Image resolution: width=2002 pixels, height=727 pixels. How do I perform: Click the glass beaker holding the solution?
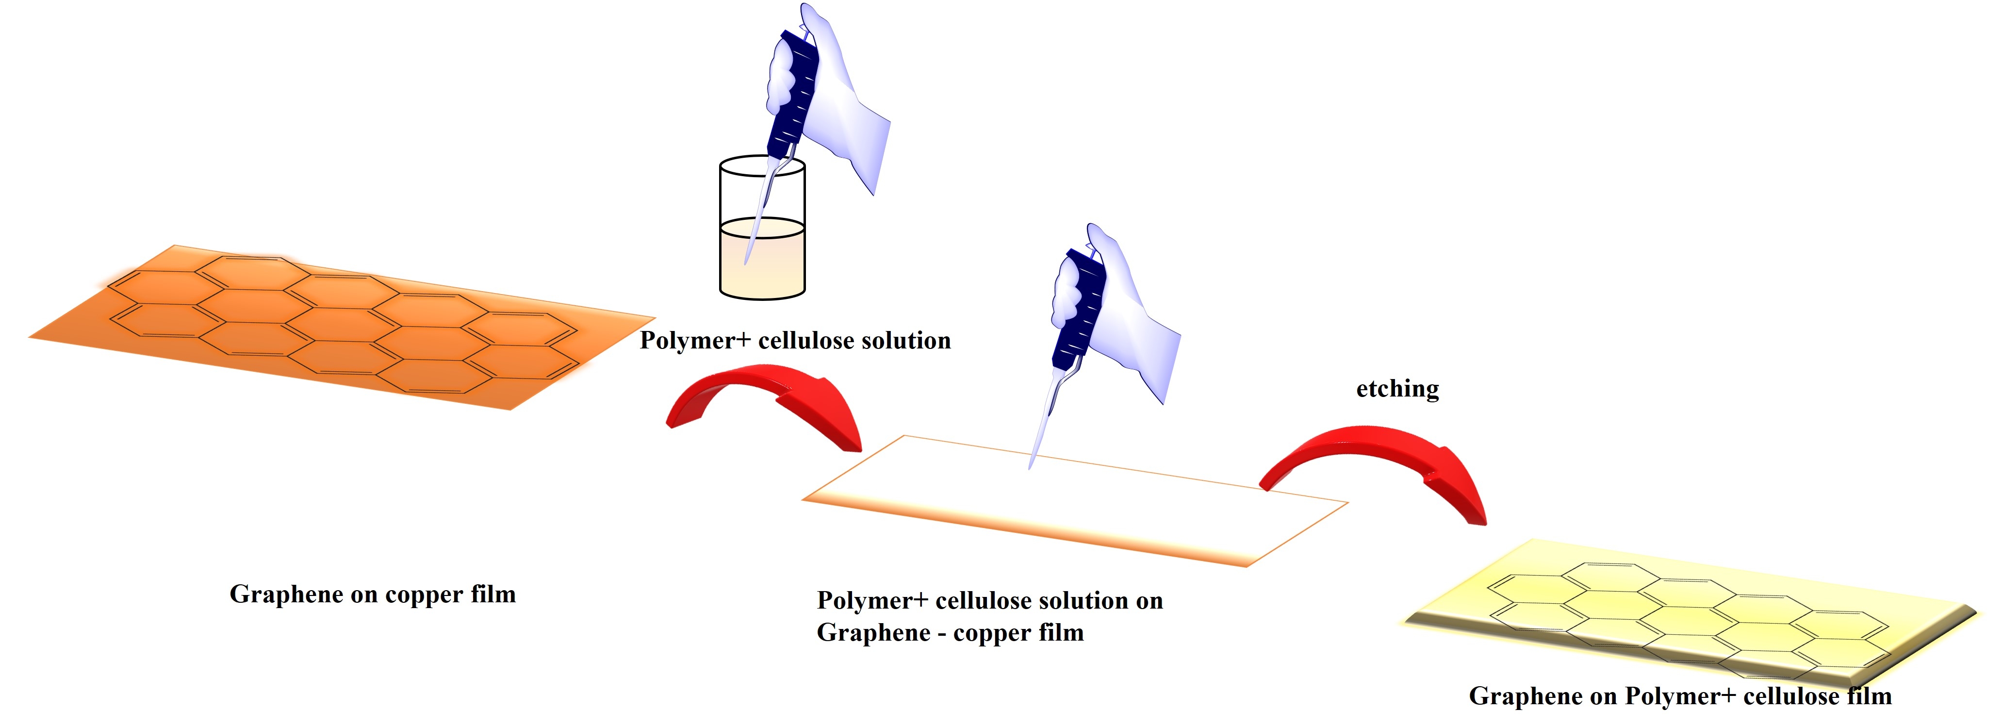pos(762,233)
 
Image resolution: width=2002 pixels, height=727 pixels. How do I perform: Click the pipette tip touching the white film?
pos(1031,465)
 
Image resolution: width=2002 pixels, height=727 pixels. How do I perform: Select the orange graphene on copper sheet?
pos(342,327)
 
